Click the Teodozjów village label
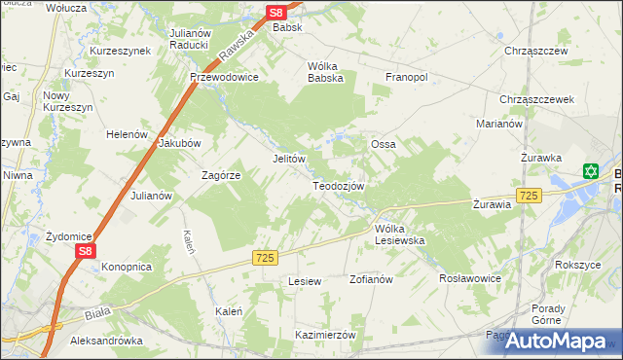tap(338, 186)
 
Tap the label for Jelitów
tap(289, 159)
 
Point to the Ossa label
tap(383, 144)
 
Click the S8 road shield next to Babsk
tap(275, 13)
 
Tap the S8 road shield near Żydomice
tap(86, 251)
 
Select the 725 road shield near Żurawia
tap(529, 196)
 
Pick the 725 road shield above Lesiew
tap(265, 257)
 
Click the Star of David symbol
tap(590, 171)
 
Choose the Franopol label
tap(408, 76)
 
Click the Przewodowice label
tap(224, 77)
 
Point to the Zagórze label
tap(220, 175)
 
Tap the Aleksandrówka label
tap(107, 342)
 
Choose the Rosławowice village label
tap(470, 277)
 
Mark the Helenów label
tap(126, 134)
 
